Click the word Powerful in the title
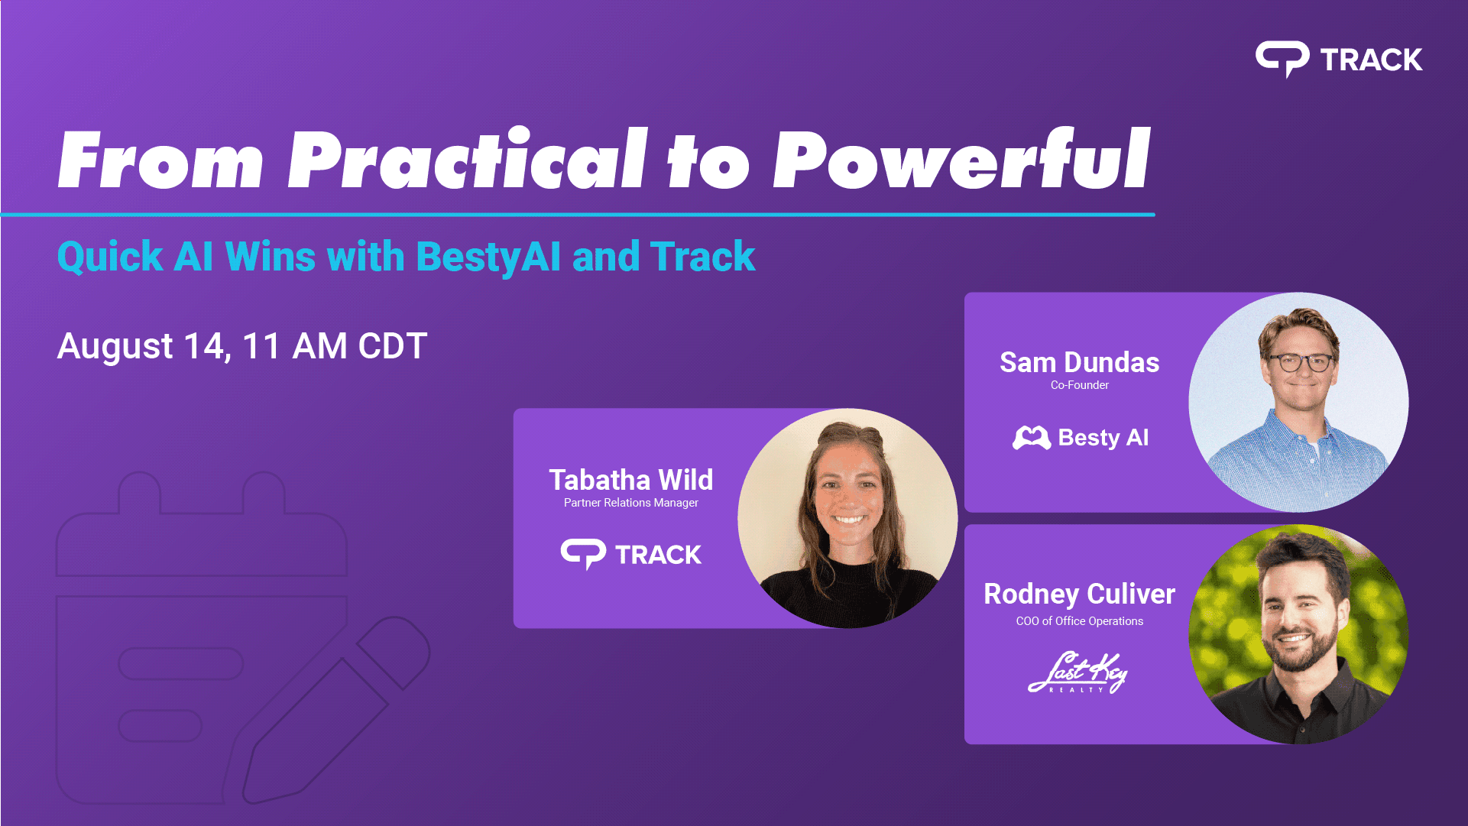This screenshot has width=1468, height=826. pos(961,159)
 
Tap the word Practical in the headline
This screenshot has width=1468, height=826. pos(468,159)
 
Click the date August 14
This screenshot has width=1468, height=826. pos(142,346)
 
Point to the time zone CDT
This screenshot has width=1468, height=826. pos(393,346)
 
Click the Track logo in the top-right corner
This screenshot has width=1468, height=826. pos(1339,59)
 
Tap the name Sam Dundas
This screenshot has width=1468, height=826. pos(1079,362)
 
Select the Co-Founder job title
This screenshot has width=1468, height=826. pos(1079,385)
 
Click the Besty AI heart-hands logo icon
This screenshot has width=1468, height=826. pos(1032,438)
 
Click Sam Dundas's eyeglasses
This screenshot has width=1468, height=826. pos(1301,362)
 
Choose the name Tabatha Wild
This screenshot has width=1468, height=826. pos(631,480)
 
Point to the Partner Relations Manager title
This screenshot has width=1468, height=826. pos(631,503)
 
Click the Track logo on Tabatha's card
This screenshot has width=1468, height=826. pos(631,554)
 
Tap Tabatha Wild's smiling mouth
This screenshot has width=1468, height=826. pos(850,520)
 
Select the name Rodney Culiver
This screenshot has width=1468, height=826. pos(1079,594)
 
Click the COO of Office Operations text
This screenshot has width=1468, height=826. pos(1079,621)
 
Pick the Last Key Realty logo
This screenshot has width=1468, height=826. pos(1078,672)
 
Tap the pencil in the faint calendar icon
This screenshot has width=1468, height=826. pos(336,711)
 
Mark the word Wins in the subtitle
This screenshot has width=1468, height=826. pos(270,257)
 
